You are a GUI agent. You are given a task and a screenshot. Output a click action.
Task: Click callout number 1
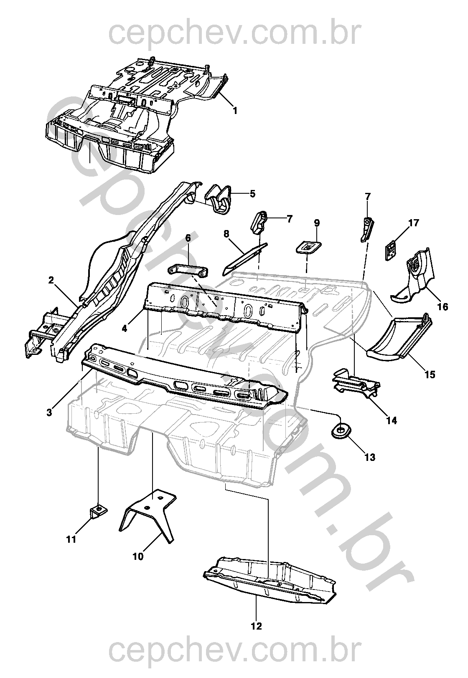(x=235, y=111)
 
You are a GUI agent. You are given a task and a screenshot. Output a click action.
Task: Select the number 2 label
(x=51, y=280)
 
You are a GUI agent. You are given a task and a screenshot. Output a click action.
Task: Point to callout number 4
(x=125, y=329)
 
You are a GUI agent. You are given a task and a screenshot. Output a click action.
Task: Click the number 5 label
(x=252, y=194)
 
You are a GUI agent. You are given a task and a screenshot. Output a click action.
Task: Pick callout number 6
(x=188, y=238)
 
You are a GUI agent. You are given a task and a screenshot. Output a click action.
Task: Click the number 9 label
(x=317, y=223)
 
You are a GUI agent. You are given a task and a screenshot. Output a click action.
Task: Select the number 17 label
(x=414, y=223)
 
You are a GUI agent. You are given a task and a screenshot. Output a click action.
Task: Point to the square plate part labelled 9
(x=308, y=247)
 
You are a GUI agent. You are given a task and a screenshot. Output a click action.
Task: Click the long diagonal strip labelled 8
(x=245, y=259)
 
